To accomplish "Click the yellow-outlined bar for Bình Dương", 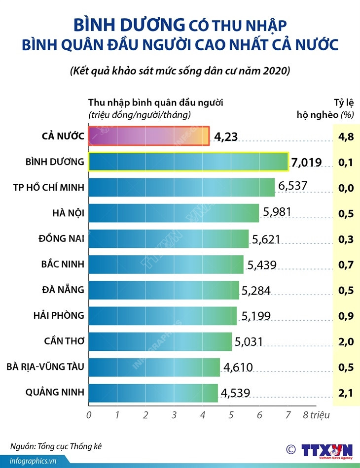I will pyautogui.click(x=188, y=162).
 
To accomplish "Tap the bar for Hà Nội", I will pyautogui.click(x=174, y=213).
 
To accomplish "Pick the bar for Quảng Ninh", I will pyautogui.click(x=153, y=393).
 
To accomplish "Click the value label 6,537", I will pyautogui.click(x=292, y=186).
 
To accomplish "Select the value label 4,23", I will pyautogui.click(x=225, y=137).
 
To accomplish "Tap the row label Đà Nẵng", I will pyautogui.click(x=63, y=289).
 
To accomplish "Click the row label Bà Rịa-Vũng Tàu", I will pyautogui.click(x=45, y=367).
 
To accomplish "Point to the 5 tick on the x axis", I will pyautogui.click(x=231, y=415).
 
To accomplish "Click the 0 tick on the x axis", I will pyautogui.click(x=89, y=415).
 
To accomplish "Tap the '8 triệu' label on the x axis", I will pyautogui.click(x=316, y=415).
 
